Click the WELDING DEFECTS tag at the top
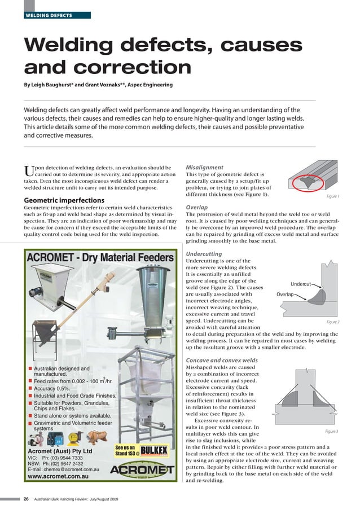pos(48,15)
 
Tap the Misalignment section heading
pos(205,168)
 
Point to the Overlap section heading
pos(197,207)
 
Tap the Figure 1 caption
pos(332,197)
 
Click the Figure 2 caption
pos(332,322)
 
